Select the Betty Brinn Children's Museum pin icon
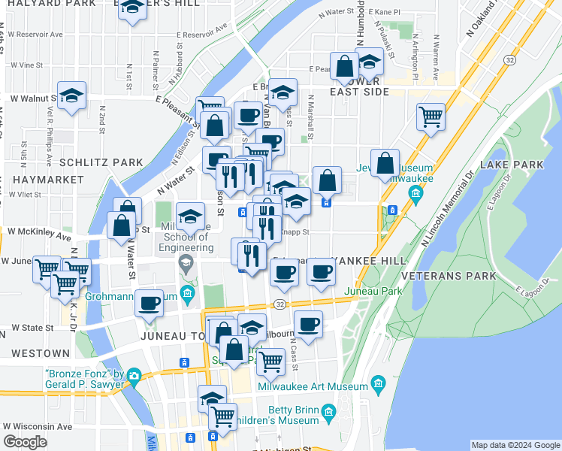point(328,413)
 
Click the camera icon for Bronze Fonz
point(134,375)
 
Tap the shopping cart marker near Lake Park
point(431,116)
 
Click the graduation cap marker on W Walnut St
point(71,95)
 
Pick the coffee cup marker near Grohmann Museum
point(150,303)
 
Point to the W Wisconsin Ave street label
point(40,425)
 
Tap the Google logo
point(26,442)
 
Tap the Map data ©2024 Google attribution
point(515,445)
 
